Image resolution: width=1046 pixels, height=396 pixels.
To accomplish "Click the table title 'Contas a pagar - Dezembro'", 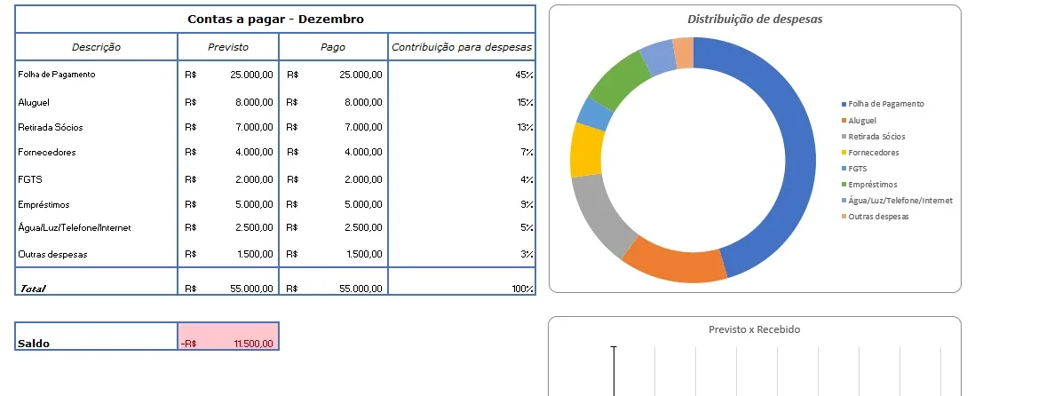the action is pos(275,20).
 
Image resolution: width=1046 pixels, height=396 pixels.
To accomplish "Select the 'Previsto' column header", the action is pos(228,47).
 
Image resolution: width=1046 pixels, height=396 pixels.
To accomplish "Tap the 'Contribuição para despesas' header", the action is pos(462,47).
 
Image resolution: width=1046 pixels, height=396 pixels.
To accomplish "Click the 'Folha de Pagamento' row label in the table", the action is pos(57,75).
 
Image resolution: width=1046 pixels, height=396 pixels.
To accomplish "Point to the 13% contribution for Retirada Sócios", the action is pos(526,127).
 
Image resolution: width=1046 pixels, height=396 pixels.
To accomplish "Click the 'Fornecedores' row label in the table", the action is pos(47,152).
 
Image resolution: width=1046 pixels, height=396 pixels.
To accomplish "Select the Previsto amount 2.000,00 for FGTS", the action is pos(254,179).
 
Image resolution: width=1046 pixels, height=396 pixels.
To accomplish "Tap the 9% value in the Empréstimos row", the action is pos(527,205).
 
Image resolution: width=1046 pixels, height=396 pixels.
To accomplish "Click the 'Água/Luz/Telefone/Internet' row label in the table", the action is pos(75,228).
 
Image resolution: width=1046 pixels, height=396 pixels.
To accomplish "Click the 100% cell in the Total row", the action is pos(522,289).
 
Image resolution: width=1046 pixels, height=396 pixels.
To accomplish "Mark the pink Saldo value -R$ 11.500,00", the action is pos(228,336).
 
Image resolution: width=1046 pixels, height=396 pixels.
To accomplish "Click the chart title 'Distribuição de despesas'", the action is pos(755,20).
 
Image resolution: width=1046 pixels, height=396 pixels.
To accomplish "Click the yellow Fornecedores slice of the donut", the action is pos(587,150).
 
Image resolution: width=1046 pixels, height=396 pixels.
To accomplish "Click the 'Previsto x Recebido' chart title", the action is pos(755,329).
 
